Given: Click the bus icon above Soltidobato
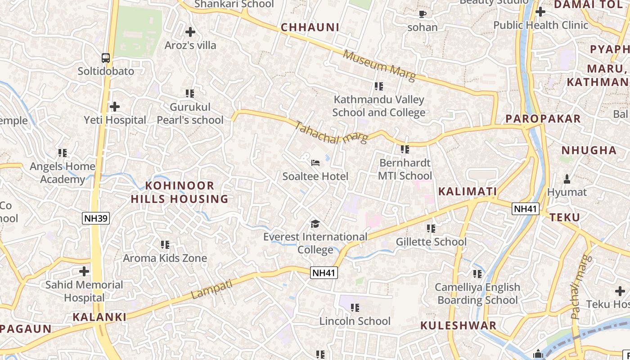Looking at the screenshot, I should pyautogui.click(x=106, y=58).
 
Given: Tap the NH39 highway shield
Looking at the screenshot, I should pyautogui.click(x=96, y=219).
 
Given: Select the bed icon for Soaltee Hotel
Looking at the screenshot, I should pyautogui.click(x=315, y=162).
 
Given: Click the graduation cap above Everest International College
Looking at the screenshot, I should pyautogui.click(x=315, y=224).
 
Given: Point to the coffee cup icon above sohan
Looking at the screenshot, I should pyautogui.click(x=422, y=14).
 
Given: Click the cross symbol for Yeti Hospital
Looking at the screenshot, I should pyautogui.click(x=115, y=107).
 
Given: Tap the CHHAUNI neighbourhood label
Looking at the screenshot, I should pyautogui.click(x=310, y=27).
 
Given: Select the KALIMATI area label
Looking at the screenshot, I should pyautogui.click(x=468, y=192).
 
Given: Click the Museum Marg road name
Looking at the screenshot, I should pyautogui.click(x=379, y=66).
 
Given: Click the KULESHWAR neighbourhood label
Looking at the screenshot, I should pyautogui.click(x=459, y=325).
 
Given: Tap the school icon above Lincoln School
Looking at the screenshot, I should pyautogui.click(x=355, y=308).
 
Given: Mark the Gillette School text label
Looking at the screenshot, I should pyautogui.click(x=431, y=242).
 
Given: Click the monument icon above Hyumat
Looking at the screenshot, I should pyautogui.click(x=567, y=179).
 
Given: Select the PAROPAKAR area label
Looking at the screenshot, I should pyautogui.click(x=543, y=119).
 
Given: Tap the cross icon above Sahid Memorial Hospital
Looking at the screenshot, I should pyautogui.click(x=84, y=271).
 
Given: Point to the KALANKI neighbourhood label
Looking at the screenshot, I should pyautogui.click(x=99, y=317).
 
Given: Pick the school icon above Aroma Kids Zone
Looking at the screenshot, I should pyautogui.click(x=165, y=245).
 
